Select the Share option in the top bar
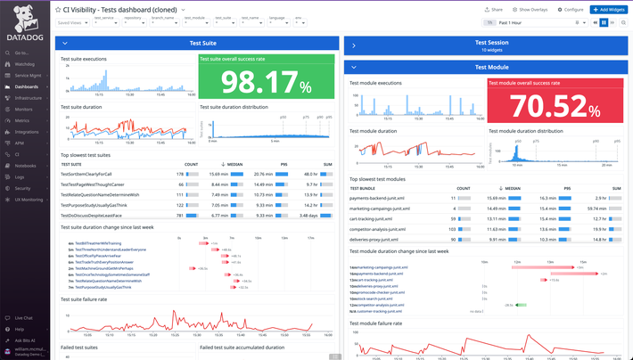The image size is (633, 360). [493, 8]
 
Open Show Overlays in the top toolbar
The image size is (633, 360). [529, 8]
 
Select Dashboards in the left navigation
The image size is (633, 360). [26, 86]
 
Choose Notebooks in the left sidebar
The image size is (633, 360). [25, 166]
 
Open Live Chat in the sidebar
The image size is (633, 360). [23, 317]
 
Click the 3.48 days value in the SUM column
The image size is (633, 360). [307, 215]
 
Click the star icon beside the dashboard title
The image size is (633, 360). [59, 9]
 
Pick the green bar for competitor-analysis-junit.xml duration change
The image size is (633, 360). [509, 305]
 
